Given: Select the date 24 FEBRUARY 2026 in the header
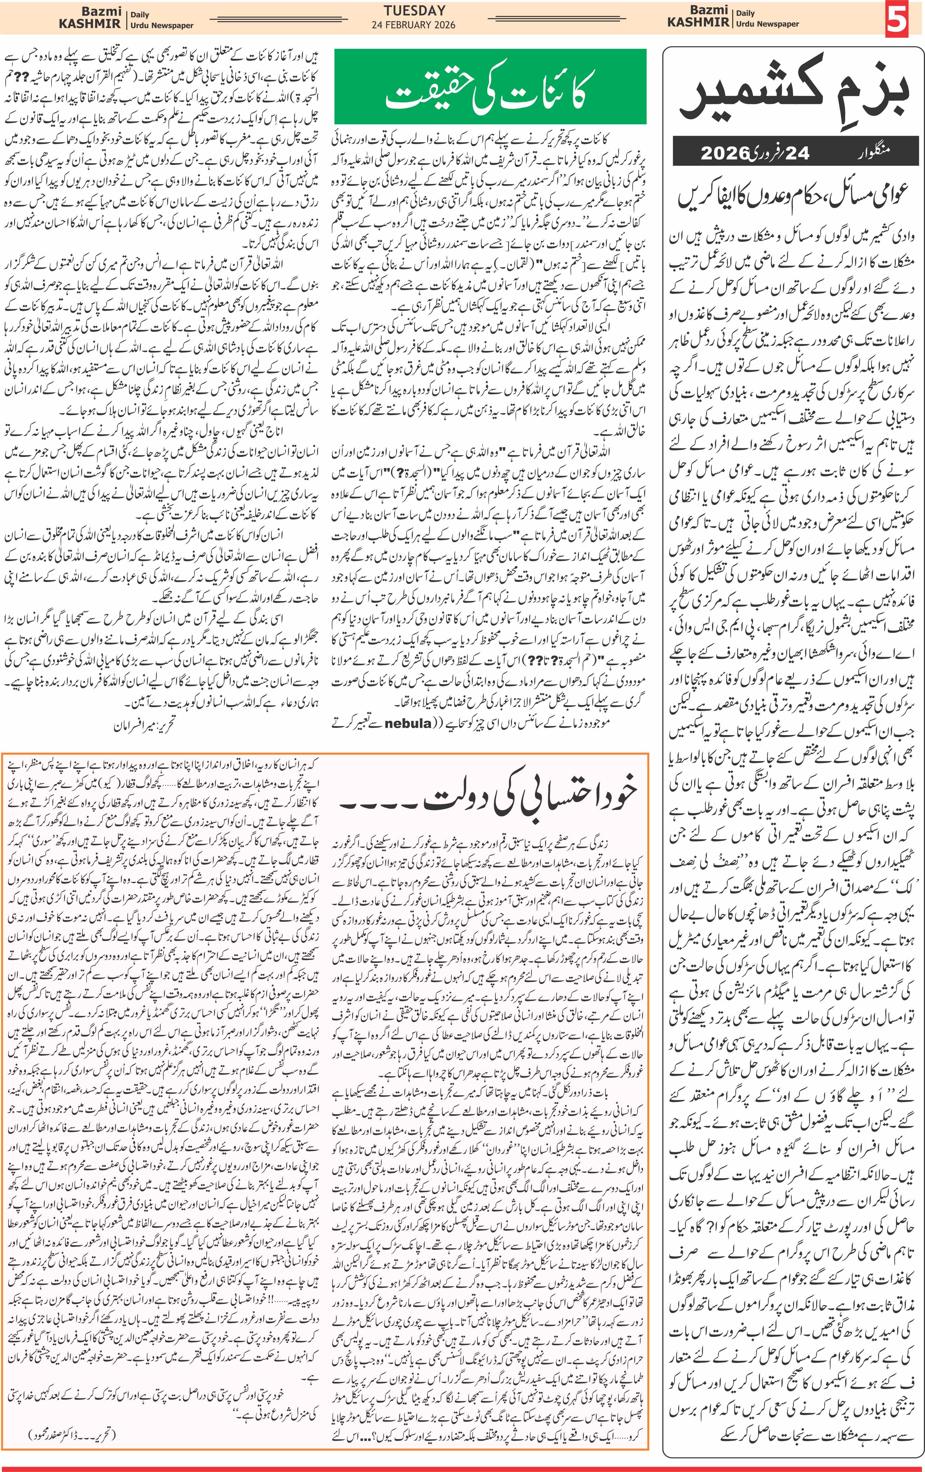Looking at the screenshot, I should (414, 25).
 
